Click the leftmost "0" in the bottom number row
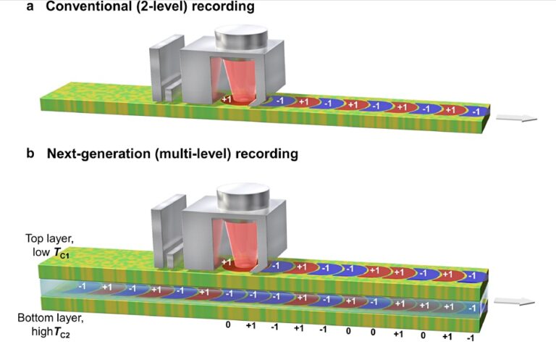228,325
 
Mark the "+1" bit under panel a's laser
227,99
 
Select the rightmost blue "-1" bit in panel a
474,112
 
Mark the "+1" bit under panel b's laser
227,262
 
